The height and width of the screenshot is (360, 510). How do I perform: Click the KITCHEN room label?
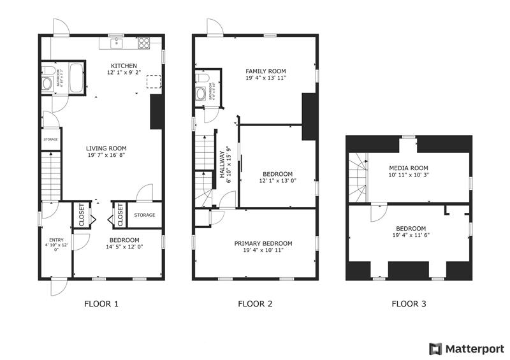tap(123, 66)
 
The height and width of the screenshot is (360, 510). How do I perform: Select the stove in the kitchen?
tap(145, 43)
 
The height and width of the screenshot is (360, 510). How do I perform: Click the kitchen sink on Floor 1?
tap(117, 43)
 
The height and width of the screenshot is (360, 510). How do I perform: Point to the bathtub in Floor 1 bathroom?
tap(76, 78)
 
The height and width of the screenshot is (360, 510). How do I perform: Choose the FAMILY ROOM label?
tap(266, 71)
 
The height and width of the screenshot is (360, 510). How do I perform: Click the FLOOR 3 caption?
tap(409, 304)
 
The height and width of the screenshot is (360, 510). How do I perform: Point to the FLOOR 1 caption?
tap(101, 304)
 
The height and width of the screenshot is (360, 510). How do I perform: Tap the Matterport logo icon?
tap(435, 349)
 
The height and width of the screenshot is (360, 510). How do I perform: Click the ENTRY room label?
tap(52, 240)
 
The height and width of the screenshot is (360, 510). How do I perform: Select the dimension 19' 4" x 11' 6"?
tap(411, 236)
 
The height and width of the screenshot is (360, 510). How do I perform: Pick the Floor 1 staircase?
tap(51, 176)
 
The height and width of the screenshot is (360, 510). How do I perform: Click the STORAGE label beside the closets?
tap(144, 215)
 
